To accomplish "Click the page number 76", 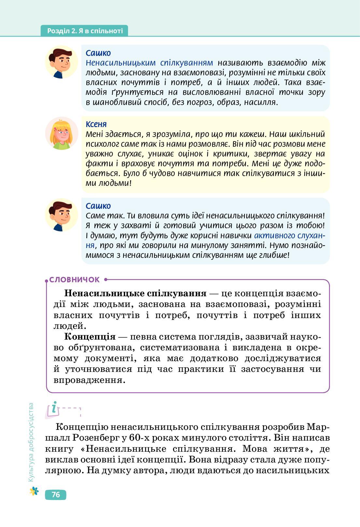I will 56,494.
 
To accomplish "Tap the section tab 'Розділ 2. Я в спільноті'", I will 85,31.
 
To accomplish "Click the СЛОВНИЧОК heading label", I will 74,280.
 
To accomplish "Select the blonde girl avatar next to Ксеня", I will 62,133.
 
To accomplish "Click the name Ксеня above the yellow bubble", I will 96,124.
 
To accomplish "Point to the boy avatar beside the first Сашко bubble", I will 62,62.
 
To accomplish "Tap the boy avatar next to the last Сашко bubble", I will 62,215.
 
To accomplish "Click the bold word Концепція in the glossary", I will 90,337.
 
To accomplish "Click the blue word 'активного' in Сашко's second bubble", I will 274,235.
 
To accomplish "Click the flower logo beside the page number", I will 34,491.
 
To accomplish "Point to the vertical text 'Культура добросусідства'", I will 31,442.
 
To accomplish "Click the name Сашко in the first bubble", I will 98,53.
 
